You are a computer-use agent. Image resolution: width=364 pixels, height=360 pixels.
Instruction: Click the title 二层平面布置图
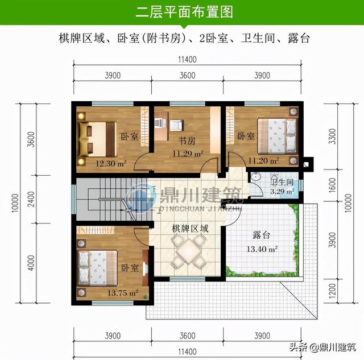pos(184,12)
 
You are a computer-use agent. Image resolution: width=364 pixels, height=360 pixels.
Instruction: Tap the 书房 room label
pos(187,140)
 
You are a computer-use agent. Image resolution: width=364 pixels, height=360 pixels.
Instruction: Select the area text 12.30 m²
pos(111,164)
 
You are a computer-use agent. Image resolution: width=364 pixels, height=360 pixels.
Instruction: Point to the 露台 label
pos(262,235)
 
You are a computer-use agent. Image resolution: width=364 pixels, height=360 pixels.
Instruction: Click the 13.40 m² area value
pos(262,249)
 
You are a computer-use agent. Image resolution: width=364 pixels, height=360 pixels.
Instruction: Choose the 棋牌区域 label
pos(190,229)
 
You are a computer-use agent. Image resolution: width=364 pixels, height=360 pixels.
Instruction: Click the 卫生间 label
pos(283,182)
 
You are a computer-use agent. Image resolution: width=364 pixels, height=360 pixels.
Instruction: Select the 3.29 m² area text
pos(282,192)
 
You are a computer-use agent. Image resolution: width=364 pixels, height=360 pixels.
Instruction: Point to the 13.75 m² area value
pos(123,293)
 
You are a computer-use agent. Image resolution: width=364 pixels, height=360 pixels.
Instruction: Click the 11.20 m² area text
pos(263,160)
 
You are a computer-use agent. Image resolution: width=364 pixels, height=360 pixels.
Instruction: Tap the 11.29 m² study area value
pos(188,154)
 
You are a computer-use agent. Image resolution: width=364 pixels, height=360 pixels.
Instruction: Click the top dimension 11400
pos(187,60)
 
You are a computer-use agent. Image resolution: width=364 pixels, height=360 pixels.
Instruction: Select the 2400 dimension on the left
pos(31,199)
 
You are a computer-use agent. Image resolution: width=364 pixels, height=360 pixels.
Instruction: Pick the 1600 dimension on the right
pos(332,185)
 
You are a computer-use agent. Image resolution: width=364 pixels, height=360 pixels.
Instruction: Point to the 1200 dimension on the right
pos(332,291)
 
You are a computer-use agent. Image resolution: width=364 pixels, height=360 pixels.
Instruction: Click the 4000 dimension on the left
pos(31,263)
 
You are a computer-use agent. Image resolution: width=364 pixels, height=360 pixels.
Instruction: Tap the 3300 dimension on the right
pos(332,136)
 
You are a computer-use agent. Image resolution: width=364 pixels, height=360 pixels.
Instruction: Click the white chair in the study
pos(177,125)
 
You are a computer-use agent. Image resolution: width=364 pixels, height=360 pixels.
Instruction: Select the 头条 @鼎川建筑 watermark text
pos(322,347)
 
